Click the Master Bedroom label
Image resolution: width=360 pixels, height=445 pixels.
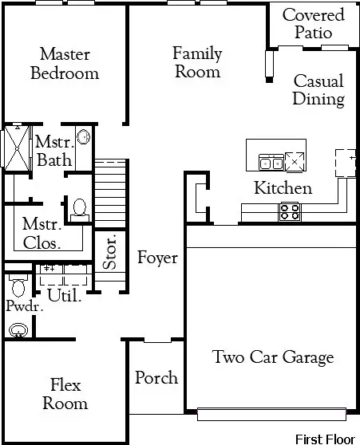tap(64, 64)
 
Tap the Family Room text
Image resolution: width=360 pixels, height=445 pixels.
tap(197, 63)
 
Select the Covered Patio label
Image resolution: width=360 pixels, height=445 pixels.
tap(313, 24)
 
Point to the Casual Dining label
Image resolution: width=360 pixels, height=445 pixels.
tap(318, 90)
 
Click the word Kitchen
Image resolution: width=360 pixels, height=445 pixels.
tap(283, 188)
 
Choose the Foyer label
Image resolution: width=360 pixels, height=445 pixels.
tap(157, 258)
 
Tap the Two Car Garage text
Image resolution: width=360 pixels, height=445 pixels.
tap(273, 356)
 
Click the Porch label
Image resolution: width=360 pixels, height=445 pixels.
tap(156, 377)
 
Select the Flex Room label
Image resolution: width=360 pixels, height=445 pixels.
tap(64, 394)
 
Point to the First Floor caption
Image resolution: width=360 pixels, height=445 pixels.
tap(326, 439)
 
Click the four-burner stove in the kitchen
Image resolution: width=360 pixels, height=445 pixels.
tap(289, 211)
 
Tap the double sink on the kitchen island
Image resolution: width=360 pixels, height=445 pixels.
tap(270, 163)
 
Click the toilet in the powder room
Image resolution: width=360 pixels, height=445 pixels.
tap(18, 285)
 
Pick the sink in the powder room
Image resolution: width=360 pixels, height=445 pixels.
tap(18, 329)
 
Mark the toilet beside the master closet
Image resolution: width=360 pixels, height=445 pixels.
tap(78, 209)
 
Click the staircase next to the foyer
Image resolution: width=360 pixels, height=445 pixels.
tap(111, 191)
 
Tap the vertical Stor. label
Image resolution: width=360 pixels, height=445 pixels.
tap(111, 252)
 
